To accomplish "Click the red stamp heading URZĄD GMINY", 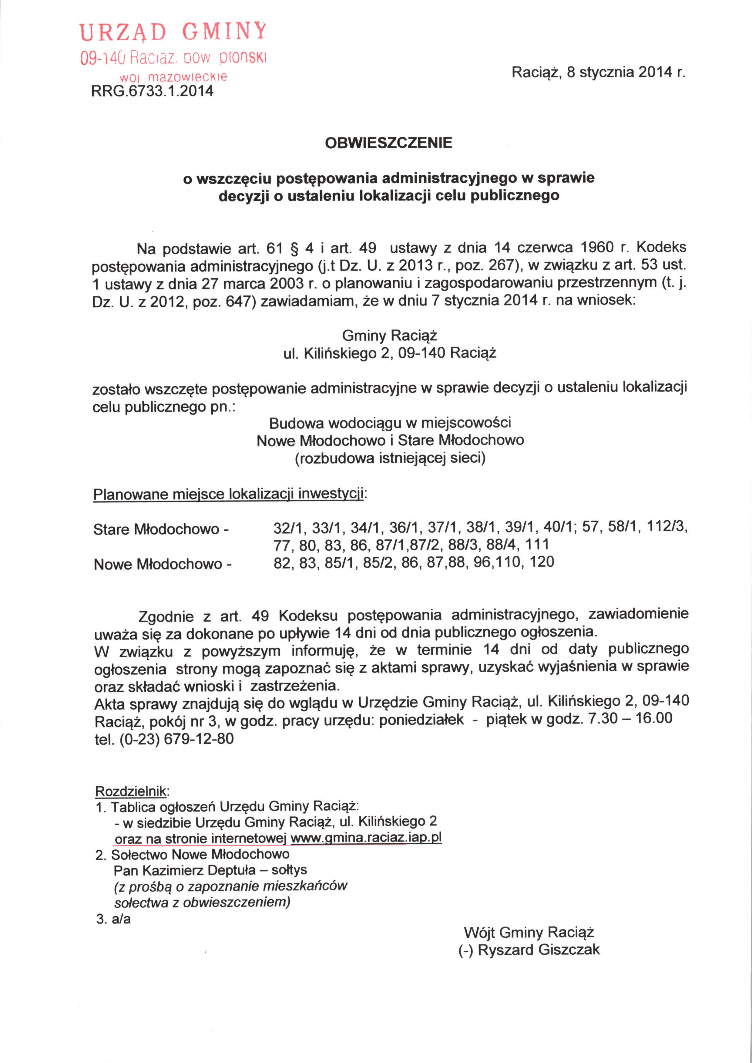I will [173, 32].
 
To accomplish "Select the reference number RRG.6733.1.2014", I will [152, 91].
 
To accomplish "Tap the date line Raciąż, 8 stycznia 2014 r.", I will [598, 72].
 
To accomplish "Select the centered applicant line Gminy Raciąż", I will [389, 335].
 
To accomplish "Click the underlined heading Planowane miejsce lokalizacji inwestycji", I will [229, 494].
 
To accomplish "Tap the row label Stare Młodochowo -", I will [161, 529].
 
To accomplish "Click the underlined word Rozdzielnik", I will [131, 791].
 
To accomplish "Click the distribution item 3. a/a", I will [113, 919].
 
